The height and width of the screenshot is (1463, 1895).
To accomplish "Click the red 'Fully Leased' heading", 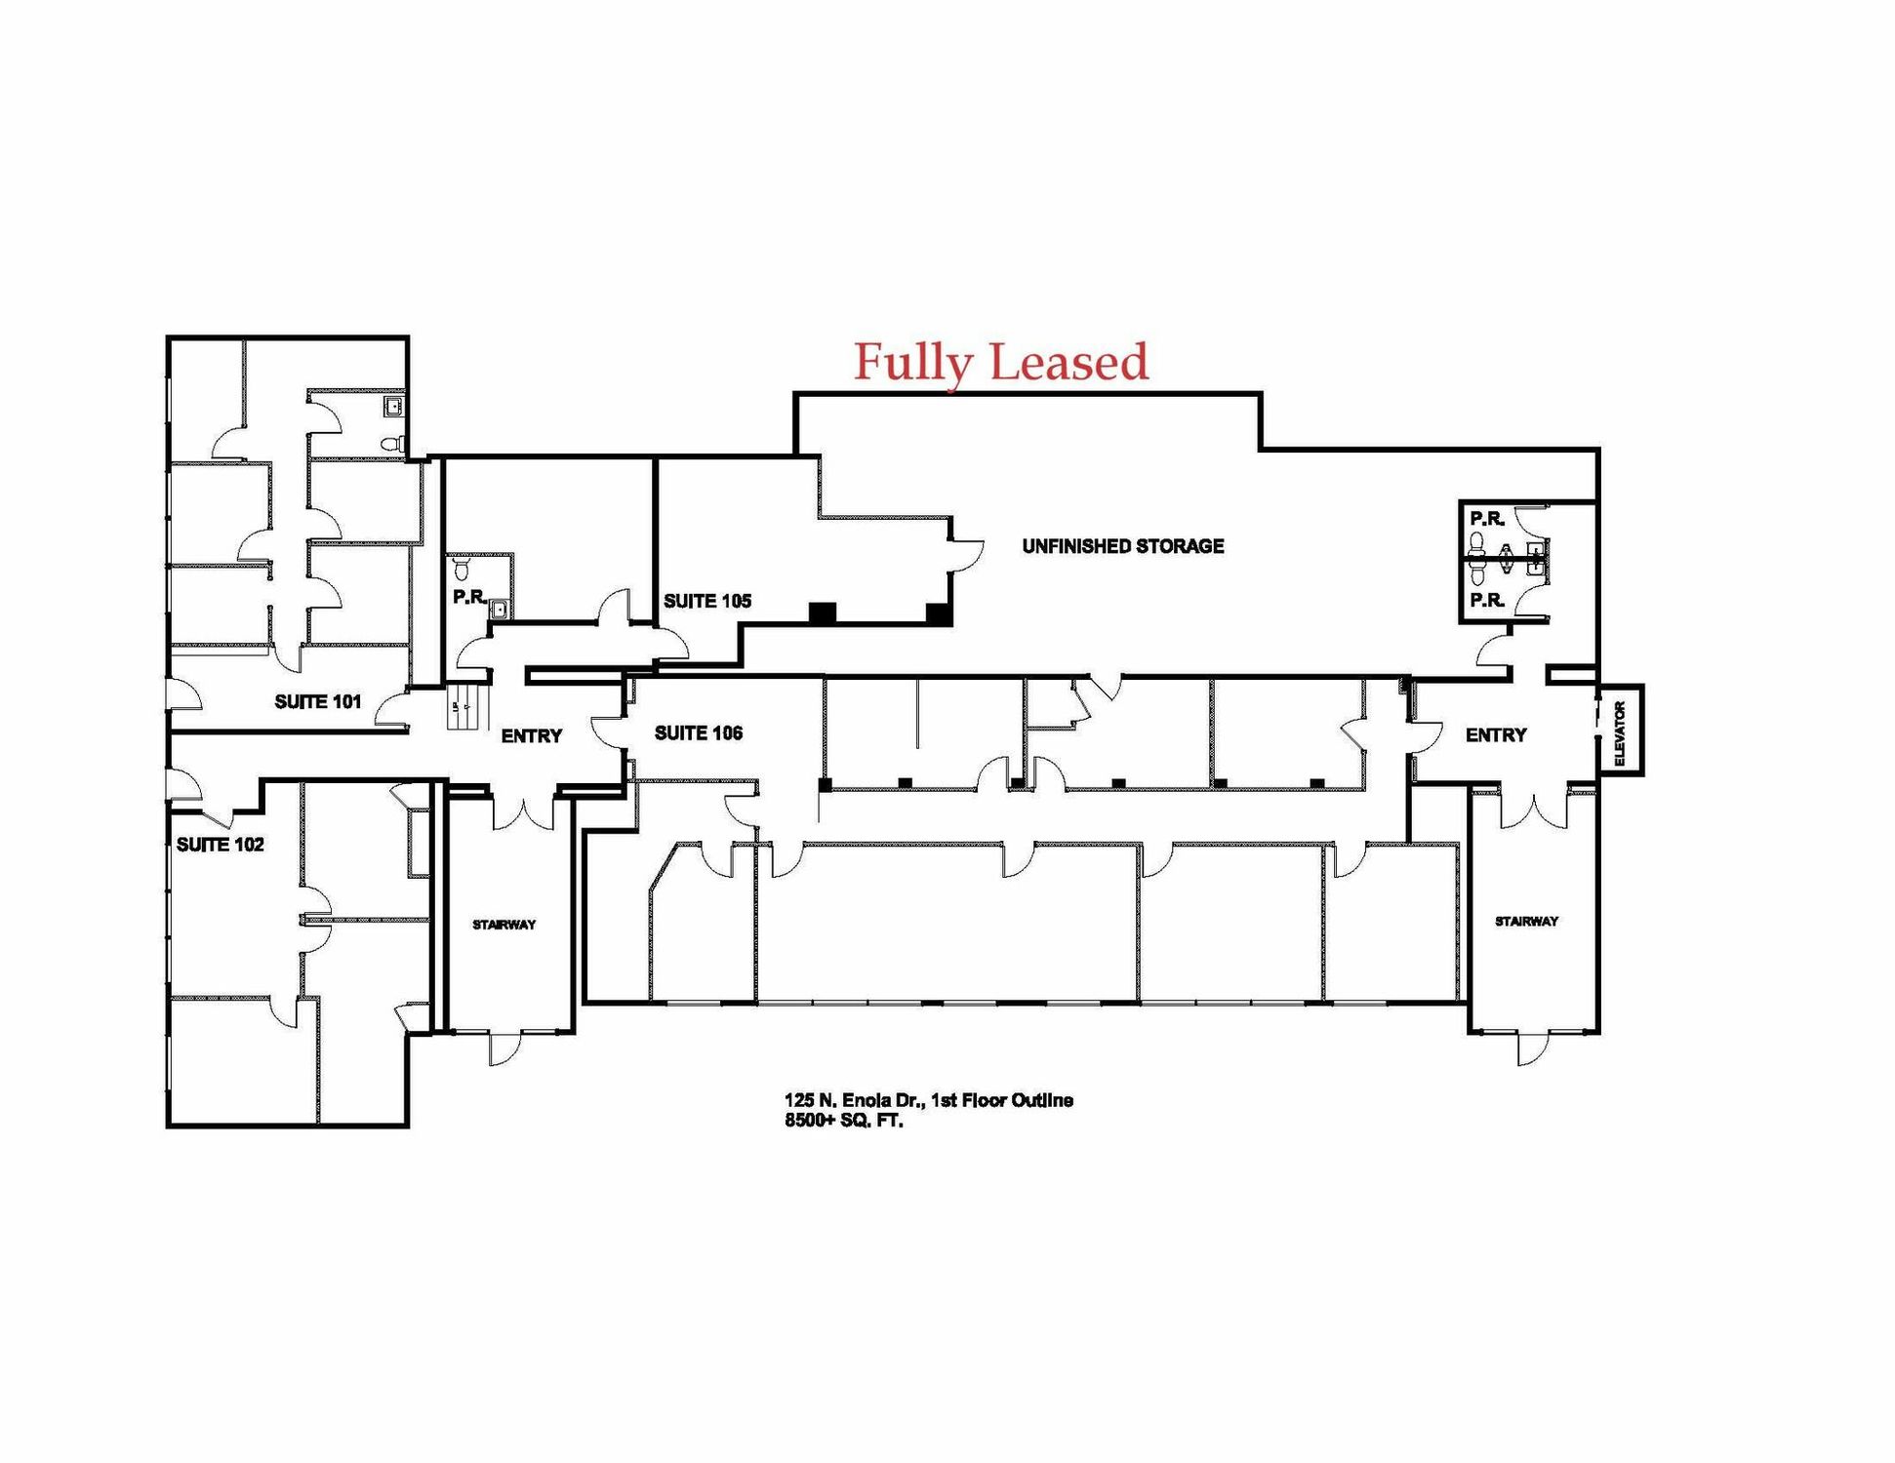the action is tap(1001, 362).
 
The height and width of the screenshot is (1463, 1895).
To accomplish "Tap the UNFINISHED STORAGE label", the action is tap(1123, 546).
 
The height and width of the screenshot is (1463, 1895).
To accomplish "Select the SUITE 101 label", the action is tap(318, 701).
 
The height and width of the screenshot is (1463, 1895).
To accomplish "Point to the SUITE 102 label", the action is tap(221, 845).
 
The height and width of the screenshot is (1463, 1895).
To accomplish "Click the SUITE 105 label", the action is tap(707, 601).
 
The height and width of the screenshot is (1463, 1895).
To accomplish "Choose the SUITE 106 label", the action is tap(699, 732).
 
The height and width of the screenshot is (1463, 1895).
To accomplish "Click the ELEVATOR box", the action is tap(1620, 731).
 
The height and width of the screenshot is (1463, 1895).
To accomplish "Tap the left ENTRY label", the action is tap(532, 736).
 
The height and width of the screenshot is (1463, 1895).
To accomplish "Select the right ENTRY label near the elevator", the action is tap(1496, 735).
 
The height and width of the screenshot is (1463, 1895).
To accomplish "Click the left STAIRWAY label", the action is tap(504, 925).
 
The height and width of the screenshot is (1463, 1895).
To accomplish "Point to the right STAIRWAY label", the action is tap(1527, 921).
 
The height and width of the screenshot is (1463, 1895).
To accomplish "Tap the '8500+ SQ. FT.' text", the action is tap(844, 1121).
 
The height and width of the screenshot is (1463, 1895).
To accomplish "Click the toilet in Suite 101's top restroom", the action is tap(392, 444).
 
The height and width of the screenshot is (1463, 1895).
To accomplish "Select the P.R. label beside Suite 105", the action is tap(469, 597).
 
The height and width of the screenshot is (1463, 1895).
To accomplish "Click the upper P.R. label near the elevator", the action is tap(1487, 519).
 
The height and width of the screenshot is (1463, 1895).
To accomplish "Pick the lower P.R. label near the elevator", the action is tap(1487, 601).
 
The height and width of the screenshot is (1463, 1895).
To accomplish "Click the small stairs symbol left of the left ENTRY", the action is tap(466, 705).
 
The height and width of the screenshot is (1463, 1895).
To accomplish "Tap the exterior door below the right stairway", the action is tap(1533, 1048).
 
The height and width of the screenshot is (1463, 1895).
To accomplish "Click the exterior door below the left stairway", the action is tap(505, 1048).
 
